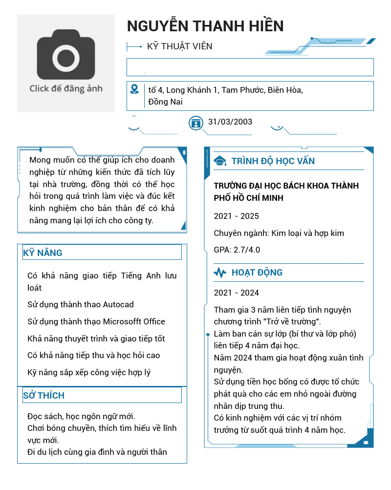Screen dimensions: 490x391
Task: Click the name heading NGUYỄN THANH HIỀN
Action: click(x=205, y=26)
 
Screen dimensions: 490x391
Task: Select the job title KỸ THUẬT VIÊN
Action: click(x=179, y=46)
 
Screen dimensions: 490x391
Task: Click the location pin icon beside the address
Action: click(x=134, y=89)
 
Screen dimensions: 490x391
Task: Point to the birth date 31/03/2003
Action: click(x=230, y=122)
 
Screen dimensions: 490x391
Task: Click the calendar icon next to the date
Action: click(x=195, y=123)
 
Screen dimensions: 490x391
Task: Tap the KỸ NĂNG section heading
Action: click(x=43, y=253)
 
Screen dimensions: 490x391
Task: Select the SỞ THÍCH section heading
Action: click(x=43, y=395)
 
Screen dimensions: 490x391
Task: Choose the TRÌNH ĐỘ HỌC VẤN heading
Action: click(x=273, y=161)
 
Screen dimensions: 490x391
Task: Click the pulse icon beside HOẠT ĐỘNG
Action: click(x=220, y=272)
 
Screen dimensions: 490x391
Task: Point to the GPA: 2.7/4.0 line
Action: click(x=237, y=250)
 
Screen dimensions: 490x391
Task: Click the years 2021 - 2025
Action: click(x=237, y=216)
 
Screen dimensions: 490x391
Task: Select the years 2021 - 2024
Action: click(x=237, y=293)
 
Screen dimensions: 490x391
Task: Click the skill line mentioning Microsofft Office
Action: click(x=96, y=321)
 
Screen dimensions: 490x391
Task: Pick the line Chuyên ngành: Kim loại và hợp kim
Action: click(x=279, y=233)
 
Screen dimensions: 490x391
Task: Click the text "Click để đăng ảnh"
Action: click(x=66, y=88)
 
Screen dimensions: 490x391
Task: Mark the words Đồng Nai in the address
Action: click(x=165, y=102)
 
